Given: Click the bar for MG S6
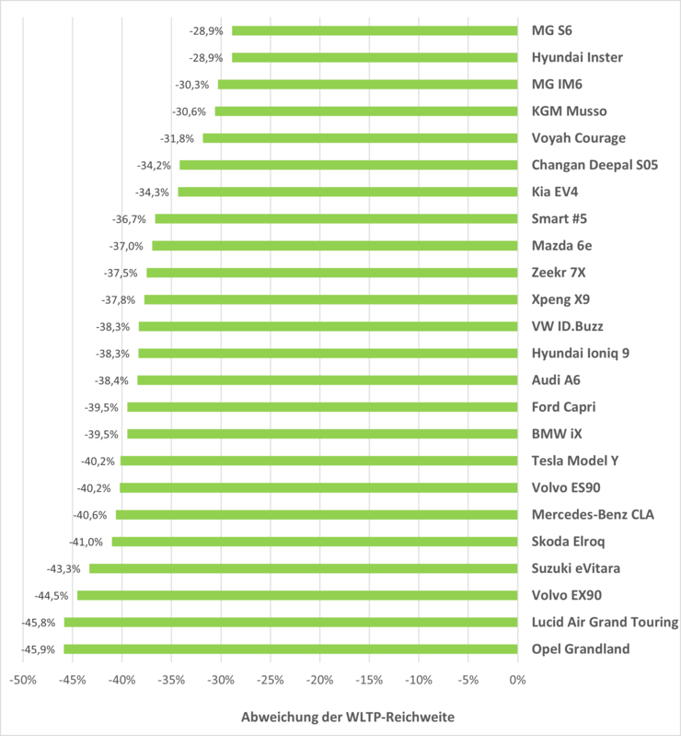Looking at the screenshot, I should [x=374, y=30].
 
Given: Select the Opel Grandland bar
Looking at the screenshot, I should [x=290, y=649].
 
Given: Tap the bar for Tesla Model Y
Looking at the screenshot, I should [x=318, y=461].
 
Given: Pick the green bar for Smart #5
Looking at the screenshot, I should [x=336, y=218].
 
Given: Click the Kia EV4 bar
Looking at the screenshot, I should [x=347, y=192].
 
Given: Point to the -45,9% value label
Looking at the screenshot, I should [x=38, y=649].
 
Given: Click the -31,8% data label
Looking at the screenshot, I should [x=178, y=138].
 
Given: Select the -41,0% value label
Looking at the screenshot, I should [x=87, y=542].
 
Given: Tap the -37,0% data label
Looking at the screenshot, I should [x=126, y=246].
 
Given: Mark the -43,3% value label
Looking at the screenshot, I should [x=63, y=568].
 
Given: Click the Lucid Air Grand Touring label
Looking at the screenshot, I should [x=605, y=623].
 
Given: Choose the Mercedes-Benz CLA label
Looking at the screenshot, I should [x=593, y=515].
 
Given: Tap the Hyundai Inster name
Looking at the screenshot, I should [x=577, y=57].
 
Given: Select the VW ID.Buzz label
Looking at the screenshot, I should [x=568, y=326].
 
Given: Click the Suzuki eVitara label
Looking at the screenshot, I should [x=577, y=568].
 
